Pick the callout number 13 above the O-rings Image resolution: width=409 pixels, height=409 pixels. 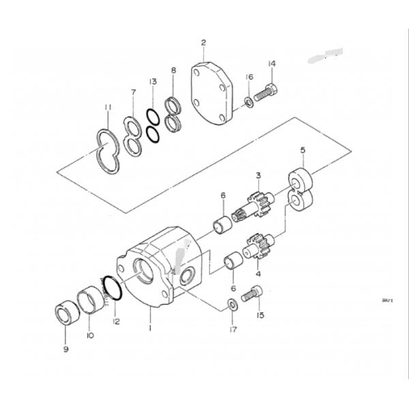click(x=153, y=82)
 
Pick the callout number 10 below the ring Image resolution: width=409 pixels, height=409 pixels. click(x=90, y=335)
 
